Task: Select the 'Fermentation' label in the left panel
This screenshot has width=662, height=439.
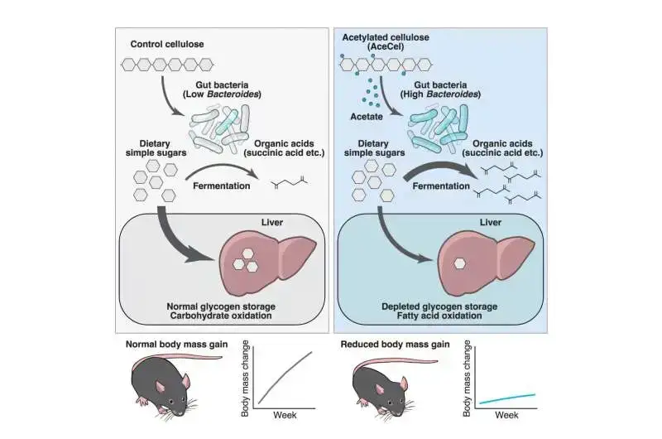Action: [x=221, y=186]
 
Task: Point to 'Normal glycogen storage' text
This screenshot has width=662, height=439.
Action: [x=219, y=306]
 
